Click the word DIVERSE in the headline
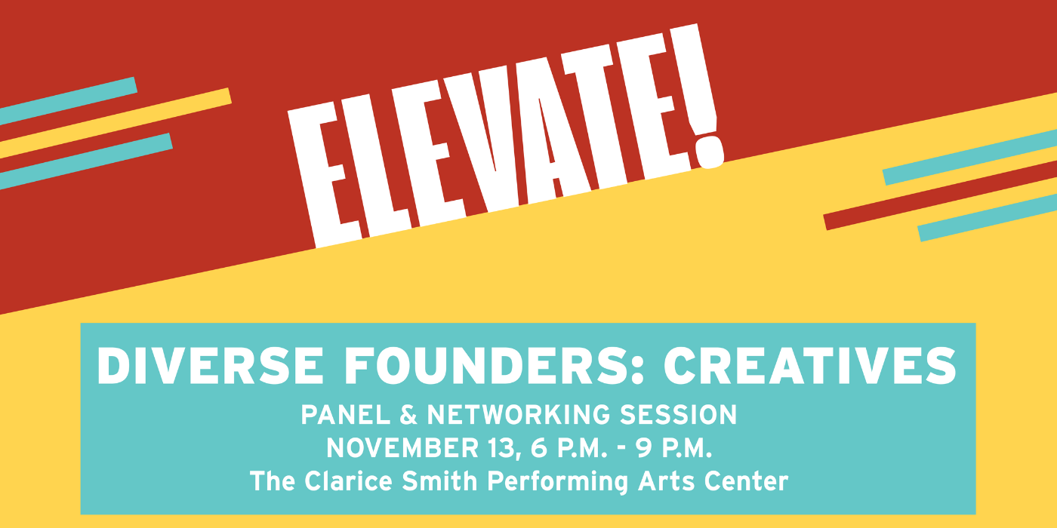pos(211,366)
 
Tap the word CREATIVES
pos(809,366)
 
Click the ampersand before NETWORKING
pos(408,415)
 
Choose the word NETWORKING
pos(519,415)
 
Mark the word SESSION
pos(678,415)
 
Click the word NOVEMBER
pos(403,448)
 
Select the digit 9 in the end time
pos(643,448)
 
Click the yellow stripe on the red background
pos(115,123)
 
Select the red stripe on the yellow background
pos(941,195)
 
